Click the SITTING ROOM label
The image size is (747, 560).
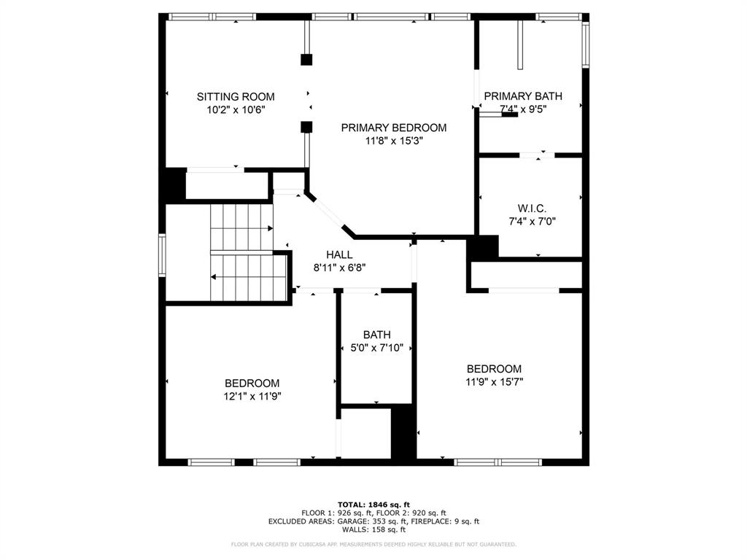pos(236,96)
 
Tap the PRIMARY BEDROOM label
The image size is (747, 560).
pos(394,128)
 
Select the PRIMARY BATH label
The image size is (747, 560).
pos(523,96)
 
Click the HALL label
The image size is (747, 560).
pos(339,254)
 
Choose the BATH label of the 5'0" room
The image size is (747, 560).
pos(376,335)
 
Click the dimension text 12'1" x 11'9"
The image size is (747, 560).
pos(252,396)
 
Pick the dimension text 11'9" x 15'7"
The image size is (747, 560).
pos(494,381)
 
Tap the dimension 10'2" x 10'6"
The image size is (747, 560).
pos(236,109)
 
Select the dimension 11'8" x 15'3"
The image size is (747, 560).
pos(394,141)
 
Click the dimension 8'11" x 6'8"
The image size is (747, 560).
pos(339,267)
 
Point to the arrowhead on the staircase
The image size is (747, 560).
pos(214,277)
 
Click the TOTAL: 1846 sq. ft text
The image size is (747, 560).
pos(373,505)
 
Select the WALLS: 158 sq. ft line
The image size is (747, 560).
pos(373,529)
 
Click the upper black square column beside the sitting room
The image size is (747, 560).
pos(306,59)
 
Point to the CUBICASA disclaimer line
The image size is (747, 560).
pos(373,544)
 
